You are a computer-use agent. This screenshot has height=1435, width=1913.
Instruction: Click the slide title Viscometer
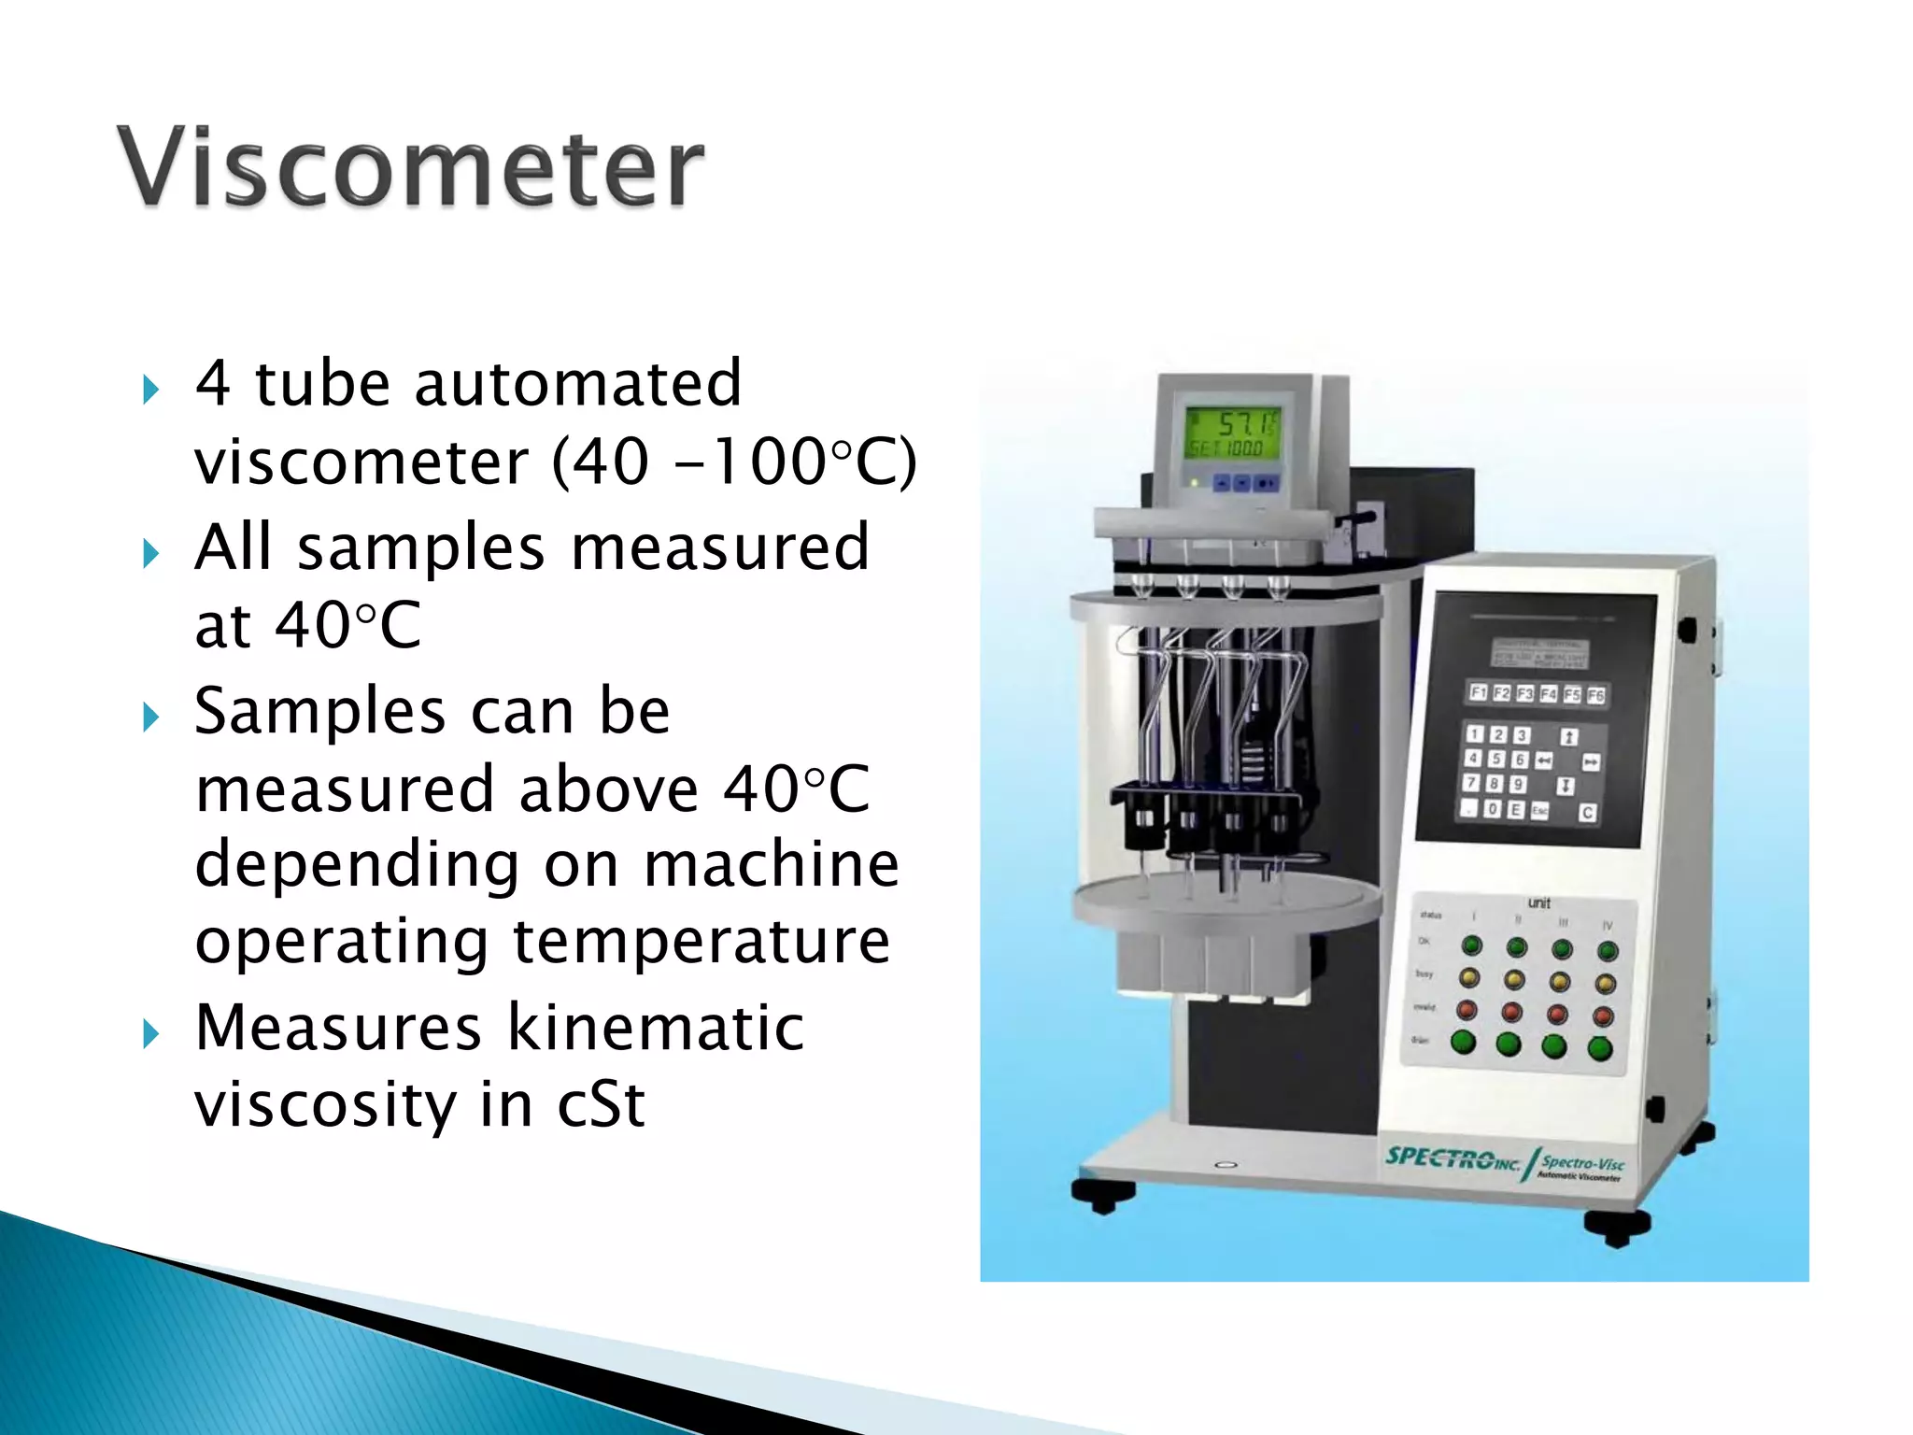pos(411,168)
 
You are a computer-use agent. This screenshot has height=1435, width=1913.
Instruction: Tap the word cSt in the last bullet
pos(600,1105)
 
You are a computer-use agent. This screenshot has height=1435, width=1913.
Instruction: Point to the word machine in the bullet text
pos(772,864)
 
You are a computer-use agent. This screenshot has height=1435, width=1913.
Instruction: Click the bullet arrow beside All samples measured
pos(151,553)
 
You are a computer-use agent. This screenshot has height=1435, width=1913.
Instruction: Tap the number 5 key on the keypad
pos(1495,760)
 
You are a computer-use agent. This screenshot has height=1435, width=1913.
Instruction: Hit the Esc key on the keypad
pos(1537,810)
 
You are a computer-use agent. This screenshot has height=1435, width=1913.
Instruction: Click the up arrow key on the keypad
pos(1569,736)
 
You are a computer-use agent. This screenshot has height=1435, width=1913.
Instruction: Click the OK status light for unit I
pos(1472,945)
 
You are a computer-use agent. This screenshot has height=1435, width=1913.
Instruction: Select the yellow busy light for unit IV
pos(1605,984)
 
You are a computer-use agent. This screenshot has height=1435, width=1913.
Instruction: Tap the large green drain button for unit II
pos(1509,1044)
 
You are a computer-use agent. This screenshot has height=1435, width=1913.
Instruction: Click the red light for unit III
pos(1558,1015)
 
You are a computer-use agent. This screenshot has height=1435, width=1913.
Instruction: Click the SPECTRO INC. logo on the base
pos(1452,1159)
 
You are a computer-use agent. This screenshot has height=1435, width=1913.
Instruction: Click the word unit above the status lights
pos(1538,902)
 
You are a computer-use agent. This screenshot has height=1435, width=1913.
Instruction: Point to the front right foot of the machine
pos(1617,1227)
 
